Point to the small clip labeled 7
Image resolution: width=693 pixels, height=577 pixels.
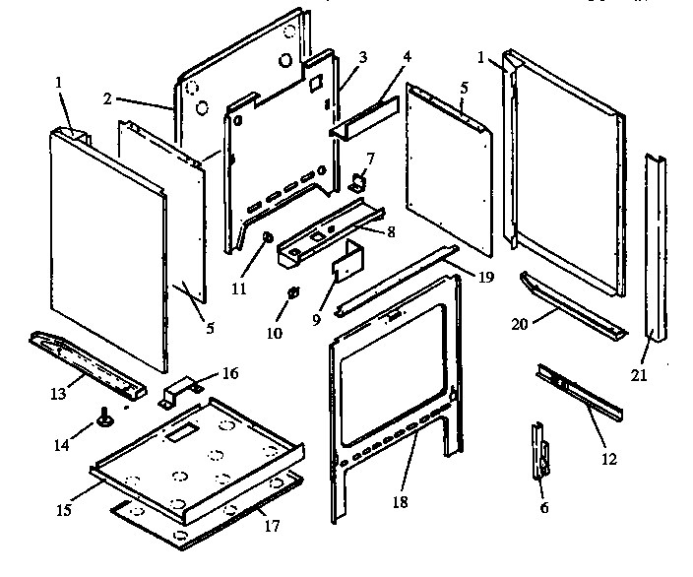[x=360, y=180]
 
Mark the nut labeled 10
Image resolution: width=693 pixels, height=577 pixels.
[x=292, y=292]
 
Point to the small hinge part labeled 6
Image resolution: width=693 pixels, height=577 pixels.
[x=540, y=454]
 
